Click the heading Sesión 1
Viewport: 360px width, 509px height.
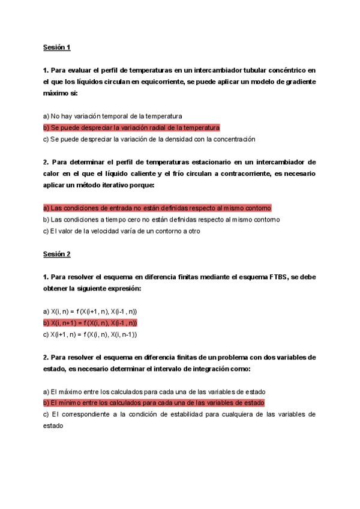click(x=56, y=47)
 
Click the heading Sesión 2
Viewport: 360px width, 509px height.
click(x=56, y=254)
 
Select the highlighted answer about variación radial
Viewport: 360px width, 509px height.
click(x=131, y=128)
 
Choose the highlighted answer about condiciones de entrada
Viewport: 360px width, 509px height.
click(x=157, y=208)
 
